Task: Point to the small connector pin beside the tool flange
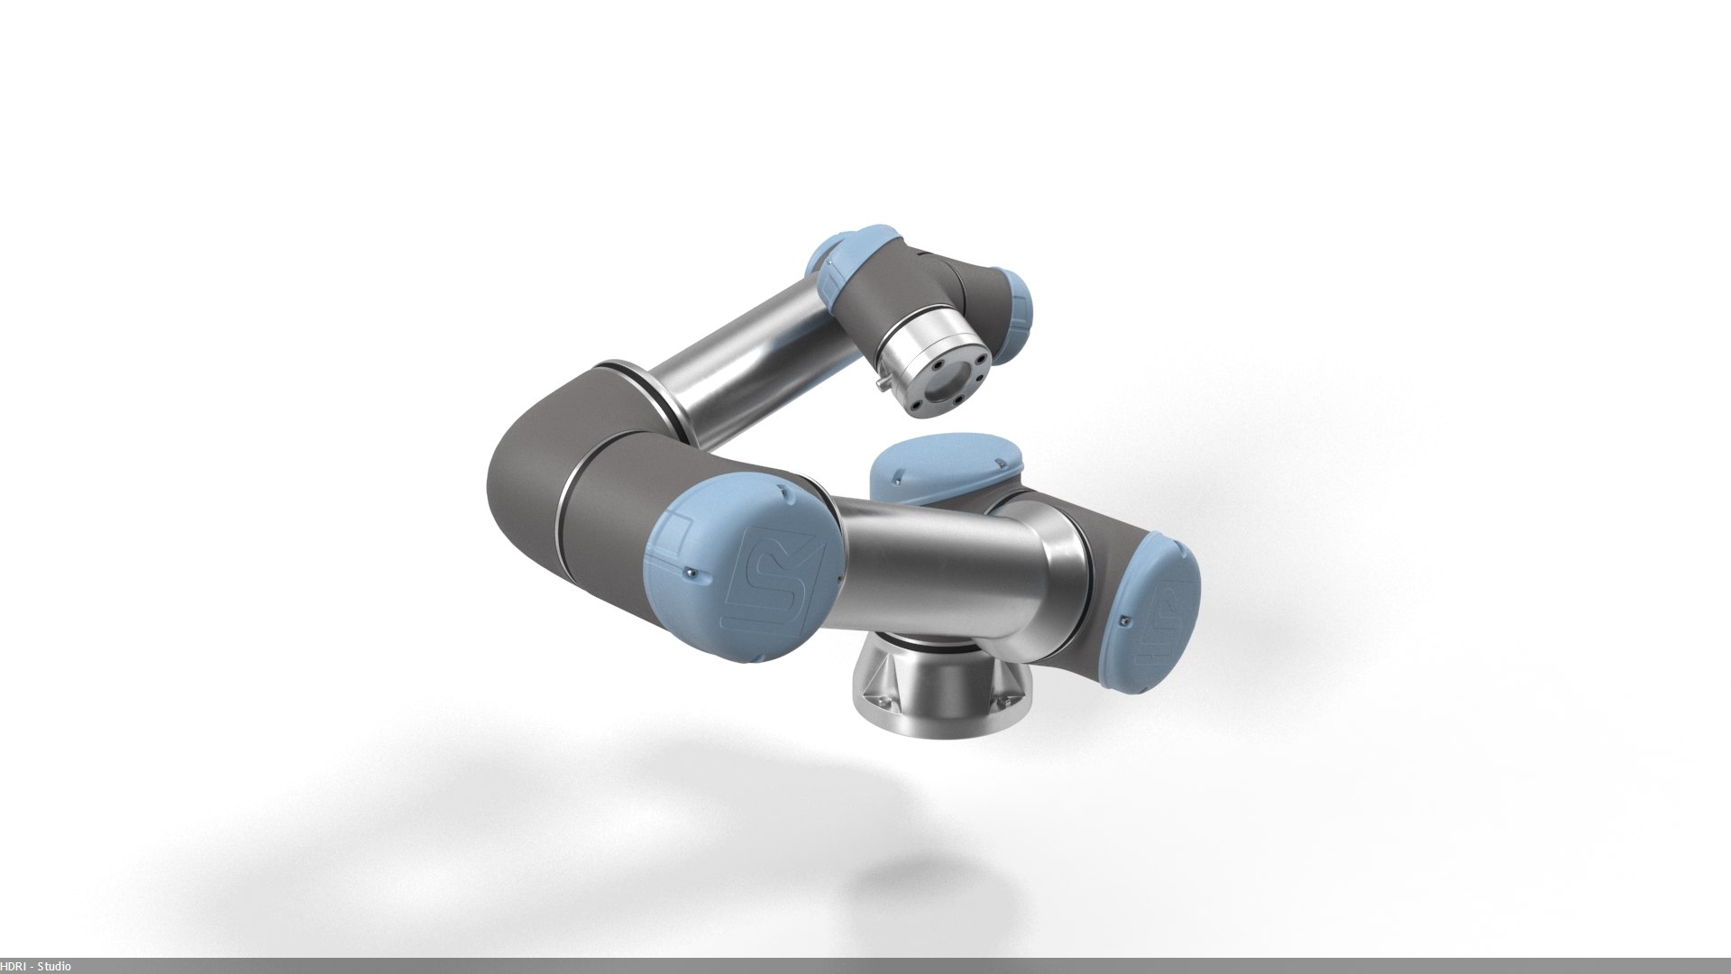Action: [x=878, y=385]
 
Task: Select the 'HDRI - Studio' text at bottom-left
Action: [x=36, y=967]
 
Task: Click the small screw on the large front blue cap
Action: [x=690, y=571]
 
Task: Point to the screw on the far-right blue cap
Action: [x=1125, y=619]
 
